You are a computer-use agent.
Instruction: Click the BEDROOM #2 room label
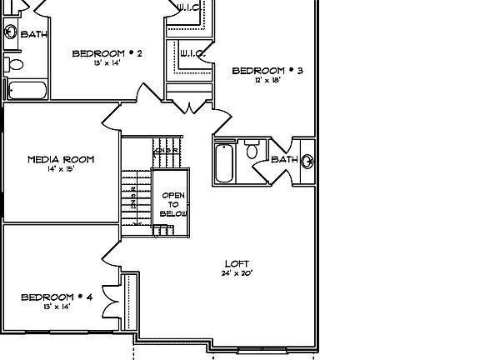(107, 54)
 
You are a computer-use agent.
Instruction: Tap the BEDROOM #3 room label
(267, 71)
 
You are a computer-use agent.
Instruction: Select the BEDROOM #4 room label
(56, 297)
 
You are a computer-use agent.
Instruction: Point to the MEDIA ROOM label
(61, 159)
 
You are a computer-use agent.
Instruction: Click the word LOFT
(237, 263)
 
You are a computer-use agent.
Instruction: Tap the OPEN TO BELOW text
(173, 204)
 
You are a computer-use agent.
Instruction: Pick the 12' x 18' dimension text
(267, 81)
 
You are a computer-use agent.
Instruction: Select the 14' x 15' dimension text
(61, 169)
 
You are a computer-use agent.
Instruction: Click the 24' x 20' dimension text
(237, 273)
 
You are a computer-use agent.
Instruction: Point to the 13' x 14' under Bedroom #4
(56, 307)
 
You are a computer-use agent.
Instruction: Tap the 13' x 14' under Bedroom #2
(107, 63)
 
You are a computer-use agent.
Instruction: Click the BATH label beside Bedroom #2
(34, 34)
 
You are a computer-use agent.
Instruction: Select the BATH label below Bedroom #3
(283, 159)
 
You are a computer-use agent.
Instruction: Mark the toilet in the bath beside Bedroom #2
(15, 63)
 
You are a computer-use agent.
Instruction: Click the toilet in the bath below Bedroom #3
(252, 152)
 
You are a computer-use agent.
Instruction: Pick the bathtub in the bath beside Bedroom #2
(27, 89)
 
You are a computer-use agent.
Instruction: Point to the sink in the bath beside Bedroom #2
(10, 32)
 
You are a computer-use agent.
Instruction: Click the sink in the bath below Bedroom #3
(307, 160)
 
